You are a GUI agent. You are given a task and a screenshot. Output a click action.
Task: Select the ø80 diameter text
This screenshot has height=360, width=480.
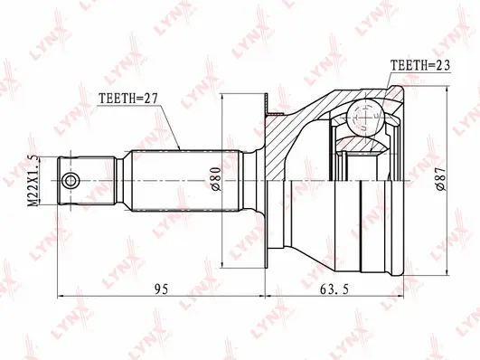point(217,181)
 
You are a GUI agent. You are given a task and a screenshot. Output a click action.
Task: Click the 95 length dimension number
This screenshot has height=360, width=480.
point(161,289)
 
